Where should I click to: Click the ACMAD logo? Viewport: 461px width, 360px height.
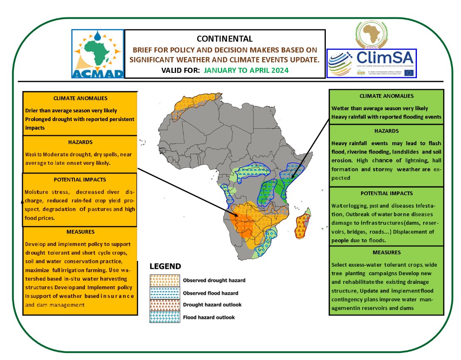[98, 54]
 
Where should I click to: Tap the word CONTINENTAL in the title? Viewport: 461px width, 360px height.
[225, 39]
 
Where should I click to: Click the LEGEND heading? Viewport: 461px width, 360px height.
[165, 266]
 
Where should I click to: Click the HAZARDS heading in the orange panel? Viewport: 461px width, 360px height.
[80, 142]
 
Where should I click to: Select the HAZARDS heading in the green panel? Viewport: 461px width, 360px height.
[387, 131]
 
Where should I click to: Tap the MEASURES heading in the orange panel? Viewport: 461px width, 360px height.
[80, 232]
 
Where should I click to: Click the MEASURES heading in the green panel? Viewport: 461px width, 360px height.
[387, 252]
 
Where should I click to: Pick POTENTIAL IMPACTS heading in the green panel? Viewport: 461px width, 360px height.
[387, 194]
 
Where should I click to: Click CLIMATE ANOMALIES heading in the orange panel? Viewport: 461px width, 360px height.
[80, 99]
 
